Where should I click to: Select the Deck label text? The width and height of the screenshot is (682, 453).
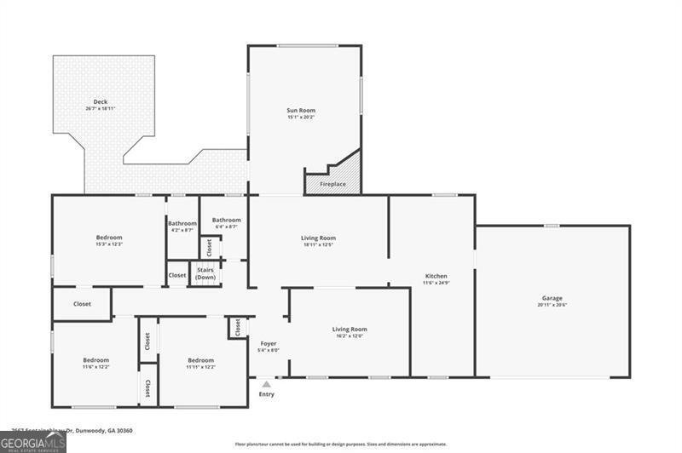tap(100, 102)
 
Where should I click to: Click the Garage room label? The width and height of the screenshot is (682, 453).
tap(552, 298)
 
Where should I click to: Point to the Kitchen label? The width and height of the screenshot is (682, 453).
tap(436, 276)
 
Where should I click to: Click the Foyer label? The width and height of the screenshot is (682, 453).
tap(268, 343)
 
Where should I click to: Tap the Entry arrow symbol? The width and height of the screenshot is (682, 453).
tap(266, 384)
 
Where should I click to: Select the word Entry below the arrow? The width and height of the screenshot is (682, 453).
tap(267, 394)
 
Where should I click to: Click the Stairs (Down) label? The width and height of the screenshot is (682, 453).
tap(205, 273)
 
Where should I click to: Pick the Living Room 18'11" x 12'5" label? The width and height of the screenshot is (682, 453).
tap(318, 238)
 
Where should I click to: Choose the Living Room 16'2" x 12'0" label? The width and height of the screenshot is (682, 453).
tap(350, 330)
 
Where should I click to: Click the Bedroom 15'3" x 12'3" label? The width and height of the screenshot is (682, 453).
tap(109, 238)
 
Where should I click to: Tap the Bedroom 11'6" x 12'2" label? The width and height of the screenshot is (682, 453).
tap(95, 360)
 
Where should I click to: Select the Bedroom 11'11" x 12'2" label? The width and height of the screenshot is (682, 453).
tap(200, 360)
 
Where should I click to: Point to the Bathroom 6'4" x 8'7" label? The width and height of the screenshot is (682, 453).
tap(226, 221)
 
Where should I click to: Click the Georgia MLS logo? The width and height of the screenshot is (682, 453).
tap(32, 441)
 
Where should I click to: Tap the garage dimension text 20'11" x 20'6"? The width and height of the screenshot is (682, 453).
tap(552, 305)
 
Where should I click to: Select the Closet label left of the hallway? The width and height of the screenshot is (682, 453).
tap(82, 304)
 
